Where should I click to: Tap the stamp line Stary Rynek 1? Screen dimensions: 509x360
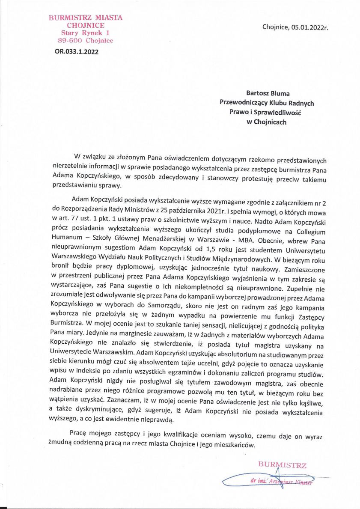85,33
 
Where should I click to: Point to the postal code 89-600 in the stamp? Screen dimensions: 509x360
70,41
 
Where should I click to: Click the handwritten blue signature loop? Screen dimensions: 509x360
240,480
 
